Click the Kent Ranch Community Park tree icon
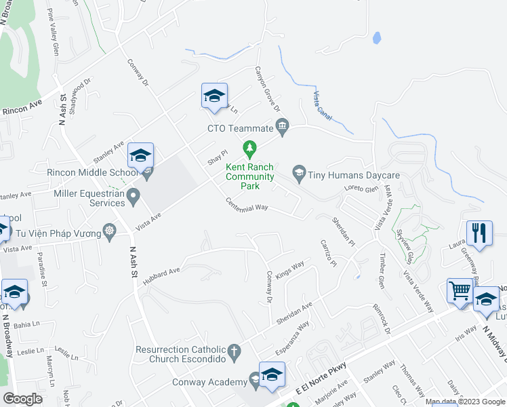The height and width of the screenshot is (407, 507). (x=250, y=147)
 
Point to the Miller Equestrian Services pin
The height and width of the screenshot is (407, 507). (x=134, y=198)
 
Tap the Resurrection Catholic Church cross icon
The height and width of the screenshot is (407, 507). (x=234, y=351)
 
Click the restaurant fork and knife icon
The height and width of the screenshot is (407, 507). (x=479, y=233)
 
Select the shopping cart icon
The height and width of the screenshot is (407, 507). (x=460, y=292)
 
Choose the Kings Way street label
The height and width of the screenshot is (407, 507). (x=289, y=269)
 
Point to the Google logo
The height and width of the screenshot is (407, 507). (x=22, y=399)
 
